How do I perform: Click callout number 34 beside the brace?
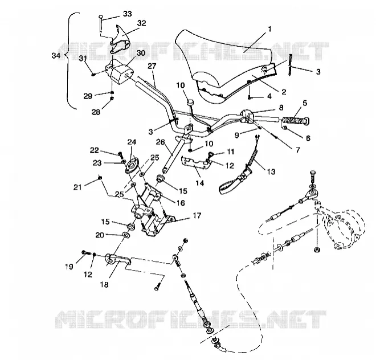[x=56, y=56]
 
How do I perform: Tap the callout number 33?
[x=128, y=14]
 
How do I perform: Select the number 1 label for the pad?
[x=269, y=29]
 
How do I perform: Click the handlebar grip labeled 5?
[x=296, y=120]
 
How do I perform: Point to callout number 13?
[x=271, y=171]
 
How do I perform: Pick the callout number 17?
[x=197, y=216]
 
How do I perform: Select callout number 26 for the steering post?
[x=161, y=142]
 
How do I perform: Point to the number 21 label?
[x=77, y=187]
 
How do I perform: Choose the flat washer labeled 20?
[x=126, y=234]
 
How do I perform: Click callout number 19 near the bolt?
[x=69, y=267]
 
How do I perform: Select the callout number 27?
[x=152, y=66]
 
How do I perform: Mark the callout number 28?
[x=96, y=112]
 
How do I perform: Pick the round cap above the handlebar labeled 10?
[x=190, y=103]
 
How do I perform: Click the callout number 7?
[x=298, y=150]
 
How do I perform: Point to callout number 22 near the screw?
[x=94, y=150]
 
